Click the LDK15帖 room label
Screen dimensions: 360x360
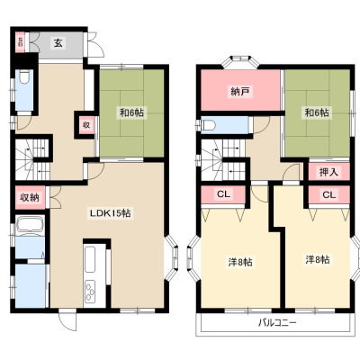pyautogui.click(x=111, y=213)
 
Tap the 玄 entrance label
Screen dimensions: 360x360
pyautogui.click(x=58, y=43)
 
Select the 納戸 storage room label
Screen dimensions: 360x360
pyautogui.click(x=240, y=91)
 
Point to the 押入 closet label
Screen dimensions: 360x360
pyautogui.click(x=329, y=172)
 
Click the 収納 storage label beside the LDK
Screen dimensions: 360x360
pyautogui.click(x=30, y=197)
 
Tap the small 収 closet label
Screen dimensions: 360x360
pyautogui.click(x=86, y=125)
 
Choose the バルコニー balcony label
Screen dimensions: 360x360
pyautogui.click(x=277, y=323)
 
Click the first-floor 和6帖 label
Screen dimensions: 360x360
pyautogui.click(x=131, y=112)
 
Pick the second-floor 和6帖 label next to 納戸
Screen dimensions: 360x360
pyautogui.click(x=317, y=112)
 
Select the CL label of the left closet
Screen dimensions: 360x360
pyautogui.click(x=223, y=194)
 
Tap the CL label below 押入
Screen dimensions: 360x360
pyautogui.click(x=329, y=194)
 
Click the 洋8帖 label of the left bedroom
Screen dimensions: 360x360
pyautogui.click(x=240, y=262)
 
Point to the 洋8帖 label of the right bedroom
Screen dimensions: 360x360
pyautogui.click(x=318, y=259)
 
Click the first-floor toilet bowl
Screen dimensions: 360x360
pyautogui.click(x=24, y=76)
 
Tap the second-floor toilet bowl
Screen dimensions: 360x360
pyautogui.click(x=208, y=125)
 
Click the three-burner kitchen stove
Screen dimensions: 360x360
pyautogui.click(x=90, y=291)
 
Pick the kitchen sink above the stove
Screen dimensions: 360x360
pyautogui.click(x=90, y=259)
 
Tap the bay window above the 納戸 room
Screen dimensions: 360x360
pyautogui.click(x=240, y=62)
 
